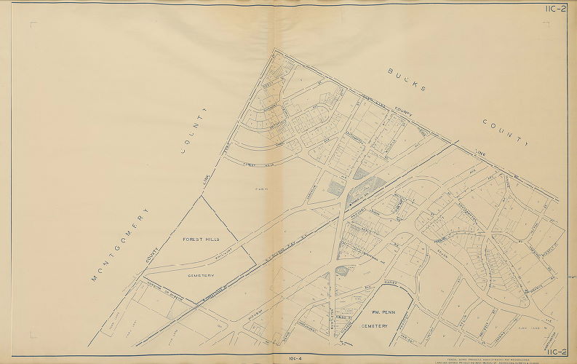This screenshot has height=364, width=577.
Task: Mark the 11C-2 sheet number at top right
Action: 554,9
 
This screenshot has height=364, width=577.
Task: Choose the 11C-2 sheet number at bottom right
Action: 554,352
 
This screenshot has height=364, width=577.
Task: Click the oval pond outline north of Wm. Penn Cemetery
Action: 341,272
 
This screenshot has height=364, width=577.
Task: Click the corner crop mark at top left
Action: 33,25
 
